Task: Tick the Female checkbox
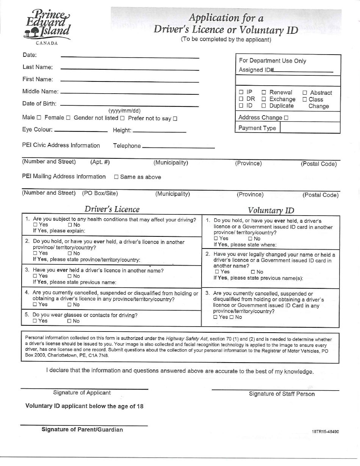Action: tap(68, 118)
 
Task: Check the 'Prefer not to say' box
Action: tap(175, 119)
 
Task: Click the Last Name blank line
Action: tap(130, 69)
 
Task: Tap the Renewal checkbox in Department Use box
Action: tap(264, 92)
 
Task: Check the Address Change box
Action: tap(286, 118)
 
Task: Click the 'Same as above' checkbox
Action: tap(116, 177)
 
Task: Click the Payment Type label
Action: tap(257, 128)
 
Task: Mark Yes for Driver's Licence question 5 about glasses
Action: tap(35, 321)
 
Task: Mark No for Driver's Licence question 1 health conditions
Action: tap(70, 225)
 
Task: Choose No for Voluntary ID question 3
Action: tap(232, 317)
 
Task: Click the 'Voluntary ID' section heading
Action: tap(271, 210)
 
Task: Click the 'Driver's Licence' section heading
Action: tap(112, 209)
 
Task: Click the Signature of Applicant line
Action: tap(84, 388)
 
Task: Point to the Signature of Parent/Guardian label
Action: tap(82, 430)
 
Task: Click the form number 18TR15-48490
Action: tap(325, 432)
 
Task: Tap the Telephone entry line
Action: tap(178, 147)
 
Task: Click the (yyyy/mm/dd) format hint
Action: tap(124, 111)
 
